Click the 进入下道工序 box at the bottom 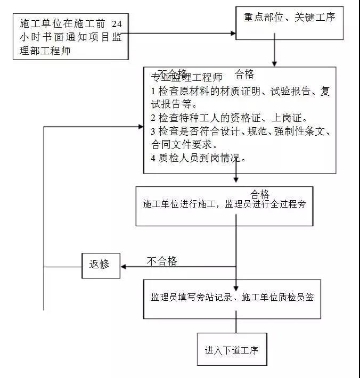[231, 350]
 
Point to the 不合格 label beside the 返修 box [161, 261]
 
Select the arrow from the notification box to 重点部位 [181, 33]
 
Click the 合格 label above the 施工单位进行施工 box [260, 193]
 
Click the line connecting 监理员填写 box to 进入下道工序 [236, 325]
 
